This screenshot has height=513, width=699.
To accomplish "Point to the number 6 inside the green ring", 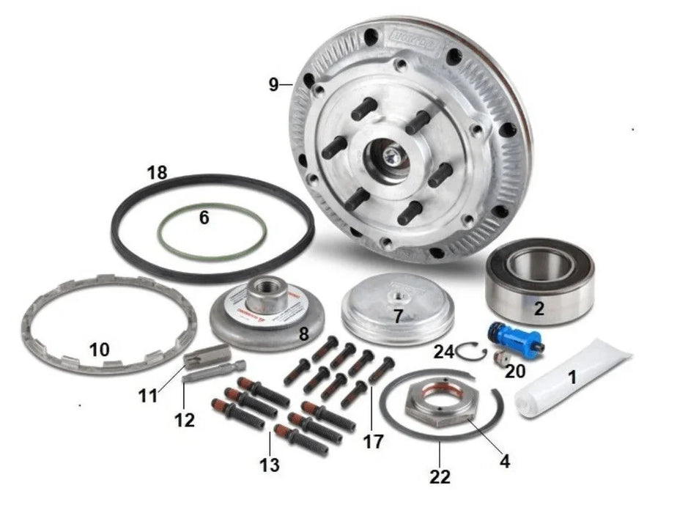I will (x=204, y=218).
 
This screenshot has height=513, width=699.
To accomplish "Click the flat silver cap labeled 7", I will (x=396, y=308).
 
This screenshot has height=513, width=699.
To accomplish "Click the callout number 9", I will (x=273, y=85).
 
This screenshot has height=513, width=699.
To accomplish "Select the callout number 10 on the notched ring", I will (x=100, y=350).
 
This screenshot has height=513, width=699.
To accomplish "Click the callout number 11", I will (x=148, y=396).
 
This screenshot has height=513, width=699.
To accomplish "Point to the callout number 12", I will (x=185, y=420).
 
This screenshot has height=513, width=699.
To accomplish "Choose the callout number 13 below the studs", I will (x=270, y=464).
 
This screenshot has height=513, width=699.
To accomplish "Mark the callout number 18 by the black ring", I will (x=157, y=174).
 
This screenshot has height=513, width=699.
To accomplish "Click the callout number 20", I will (x=515, y=372).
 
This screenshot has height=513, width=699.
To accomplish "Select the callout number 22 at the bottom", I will (x=440, y=476).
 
